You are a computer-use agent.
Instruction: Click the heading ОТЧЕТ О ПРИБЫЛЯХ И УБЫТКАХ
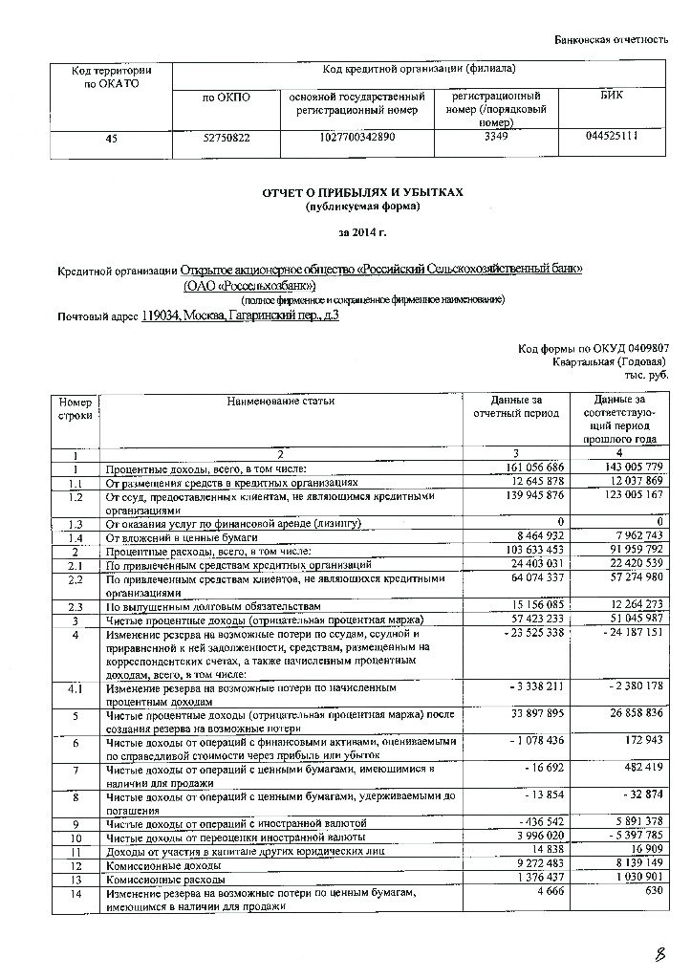362,192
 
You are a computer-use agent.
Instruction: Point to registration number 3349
488,137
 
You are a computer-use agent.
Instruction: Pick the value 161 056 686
532,468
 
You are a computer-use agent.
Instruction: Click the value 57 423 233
532,620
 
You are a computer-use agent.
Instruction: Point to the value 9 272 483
534,864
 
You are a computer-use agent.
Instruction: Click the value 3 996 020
534,837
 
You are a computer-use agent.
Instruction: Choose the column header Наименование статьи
281,401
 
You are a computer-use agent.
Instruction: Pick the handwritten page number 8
659,954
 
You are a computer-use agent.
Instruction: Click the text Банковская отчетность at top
611,39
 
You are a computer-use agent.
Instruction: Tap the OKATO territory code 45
112,138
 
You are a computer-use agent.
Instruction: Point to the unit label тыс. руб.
649,375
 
